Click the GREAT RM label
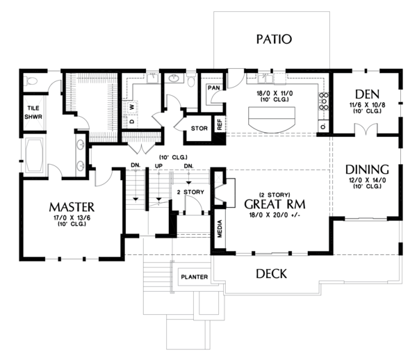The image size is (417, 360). [x=276, y=206]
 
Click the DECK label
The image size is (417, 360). [x=271, y=274]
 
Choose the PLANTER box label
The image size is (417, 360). [x=195, y=277]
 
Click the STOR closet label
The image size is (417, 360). [x=199, y=128]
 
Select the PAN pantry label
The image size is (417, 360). [x=214, y=89]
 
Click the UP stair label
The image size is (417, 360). [x=158, y=165]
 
